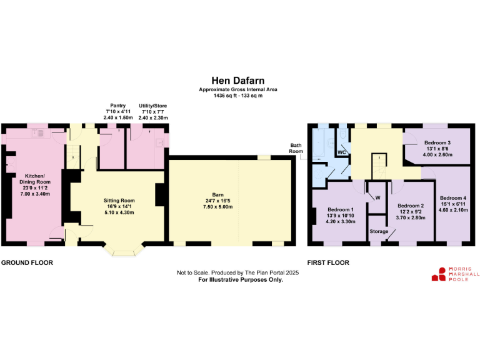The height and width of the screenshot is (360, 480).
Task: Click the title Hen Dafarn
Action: [237, 81]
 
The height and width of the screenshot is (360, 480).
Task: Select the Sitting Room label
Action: [118, 201]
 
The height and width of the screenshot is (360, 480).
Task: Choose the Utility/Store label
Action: [153, 107]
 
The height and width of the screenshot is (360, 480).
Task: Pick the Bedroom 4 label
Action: [452, 198]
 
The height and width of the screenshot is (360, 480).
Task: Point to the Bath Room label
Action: [295, 147]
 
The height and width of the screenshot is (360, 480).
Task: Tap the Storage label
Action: [379, 232]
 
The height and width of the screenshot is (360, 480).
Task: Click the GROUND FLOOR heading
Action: [27, 263]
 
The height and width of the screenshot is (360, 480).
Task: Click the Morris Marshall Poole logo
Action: [455, 274]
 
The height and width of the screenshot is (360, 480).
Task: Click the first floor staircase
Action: [379, 166]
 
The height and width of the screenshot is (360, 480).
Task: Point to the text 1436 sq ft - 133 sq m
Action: [237, 96]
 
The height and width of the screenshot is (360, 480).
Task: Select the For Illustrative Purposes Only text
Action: [241, 280]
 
